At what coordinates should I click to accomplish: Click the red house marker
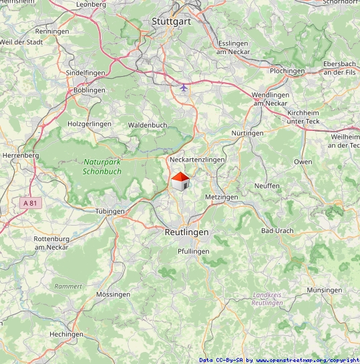pos(180,181)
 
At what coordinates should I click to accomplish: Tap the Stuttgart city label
pos(172,21)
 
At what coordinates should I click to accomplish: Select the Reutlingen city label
pos(186,232)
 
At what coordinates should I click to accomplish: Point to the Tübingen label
pos(110,211)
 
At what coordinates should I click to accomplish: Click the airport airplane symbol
pos(184,87)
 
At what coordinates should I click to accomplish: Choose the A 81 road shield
pos(28,202)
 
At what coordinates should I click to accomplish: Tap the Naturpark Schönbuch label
pos(102,166)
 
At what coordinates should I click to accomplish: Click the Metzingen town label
pos(222,198)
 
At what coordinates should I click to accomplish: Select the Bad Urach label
pos(277,230)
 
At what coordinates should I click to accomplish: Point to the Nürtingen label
pos(247,134)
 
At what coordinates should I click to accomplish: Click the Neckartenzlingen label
pos(197,160)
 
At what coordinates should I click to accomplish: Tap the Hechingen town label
pos(66,334)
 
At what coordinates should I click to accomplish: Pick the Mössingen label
pos(113,294)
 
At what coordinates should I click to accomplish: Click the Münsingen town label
pos(325,291)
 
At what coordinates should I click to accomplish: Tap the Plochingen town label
pos(287,71)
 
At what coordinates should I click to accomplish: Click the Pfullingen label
pos(193,251)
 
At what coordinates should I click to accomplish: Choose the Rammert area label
pos(68,286)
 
